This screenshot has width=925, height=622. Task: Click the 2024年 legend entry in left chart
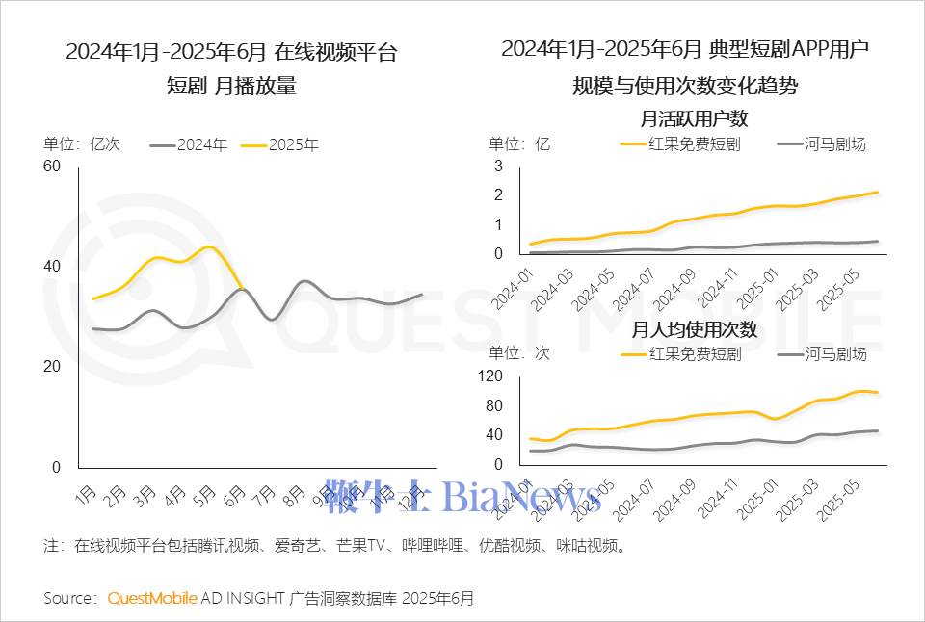coord(190,145)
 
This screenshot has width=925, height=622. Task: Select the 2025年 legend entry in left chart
coord(280,145)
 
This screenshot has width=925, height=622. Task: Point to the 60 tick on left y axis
coord(52,167)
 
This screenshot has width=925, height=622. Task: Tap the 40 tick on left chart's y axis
coord(52,267)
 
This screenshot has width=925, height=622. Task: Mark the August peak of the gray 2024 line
coord(304,281)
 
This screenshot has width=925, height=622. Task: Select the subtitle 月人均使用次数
coord(695,329)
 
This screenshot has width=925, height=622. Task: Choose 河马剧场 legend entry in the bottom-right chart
coord(822,353)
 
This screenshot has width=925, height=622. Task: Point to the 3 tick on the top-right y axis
coord(498,166)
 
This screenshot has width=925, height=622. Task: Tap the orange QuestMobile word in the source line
coord(152,598)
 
